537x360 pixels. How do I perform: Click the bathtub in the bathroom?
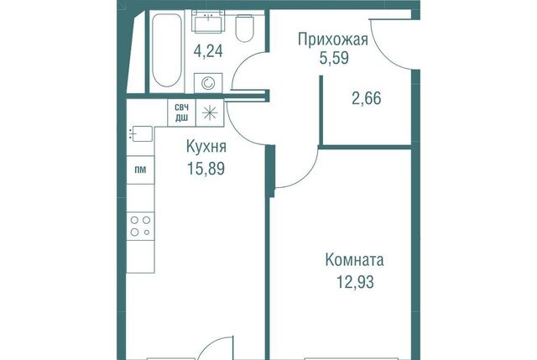[166, 50]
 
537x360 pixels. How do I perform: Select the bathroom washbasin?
[208, 22]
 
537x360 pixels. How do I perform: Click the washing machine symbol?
[208, 83]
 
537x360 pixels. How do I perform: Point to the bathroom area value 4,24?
[208, 51]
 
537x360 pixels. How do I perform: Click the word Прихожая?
[333, 40]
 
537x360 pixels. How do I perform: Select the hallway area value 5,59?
[334, 58]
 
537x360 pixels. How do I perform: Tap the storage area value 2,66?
[367, 98]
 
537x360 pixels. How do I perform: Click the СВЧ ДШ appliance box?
[181, 112]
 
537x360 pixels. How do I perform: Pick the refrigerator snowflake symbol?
[210, 112]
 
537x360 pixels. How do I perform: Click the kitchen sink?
[141, 133]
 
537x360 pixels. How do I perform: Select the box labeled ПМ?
[140, 170]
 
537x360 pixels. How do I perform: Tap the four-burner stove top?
[140, 226]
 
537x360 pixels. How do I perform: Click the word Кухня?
[206, 147]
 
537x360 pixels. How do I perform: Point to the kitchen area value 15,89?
[206, 169]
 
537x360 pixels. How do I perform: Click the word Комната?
[354, 260]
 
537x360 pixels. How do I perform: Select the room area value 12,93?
[355, 282]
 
